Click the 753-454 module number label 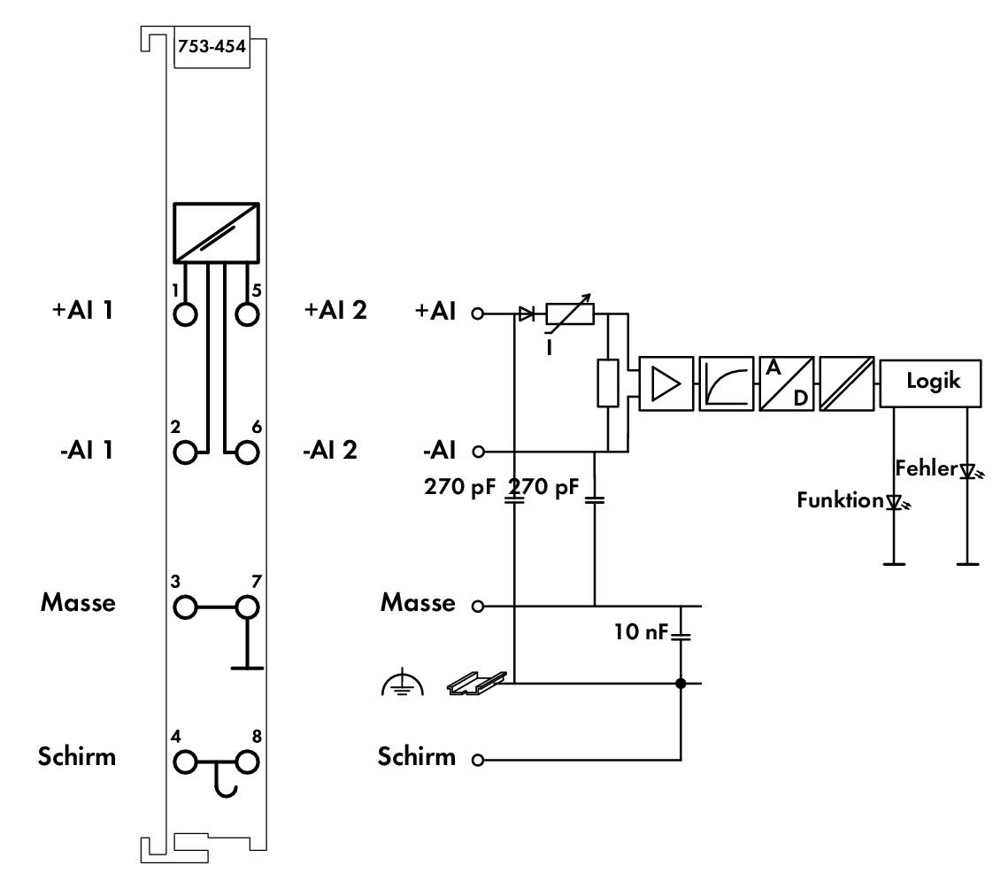(x=212, y=46)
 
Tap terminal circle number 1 (x=185, y=314)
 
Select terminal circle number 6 (x=247, y=452)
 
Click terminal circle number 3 (x=185, y=607)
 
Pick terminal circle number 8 (x=247, y=762)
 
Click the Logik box (x=930, y=383)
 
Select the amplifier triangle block (x=666, y=383)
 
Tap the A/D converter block (x=787, y=383)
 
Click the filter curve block (x=727, y=383)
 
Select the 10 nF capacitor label (x=641, y=631)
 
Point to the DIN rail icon (x=477, y=683)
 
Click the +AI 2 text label (x=335, y=310)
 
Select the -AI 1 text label (x=87, y=450)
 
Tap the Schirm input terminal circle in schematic (x=478, y=760)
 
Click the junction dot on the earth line (x=681, y=683)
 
